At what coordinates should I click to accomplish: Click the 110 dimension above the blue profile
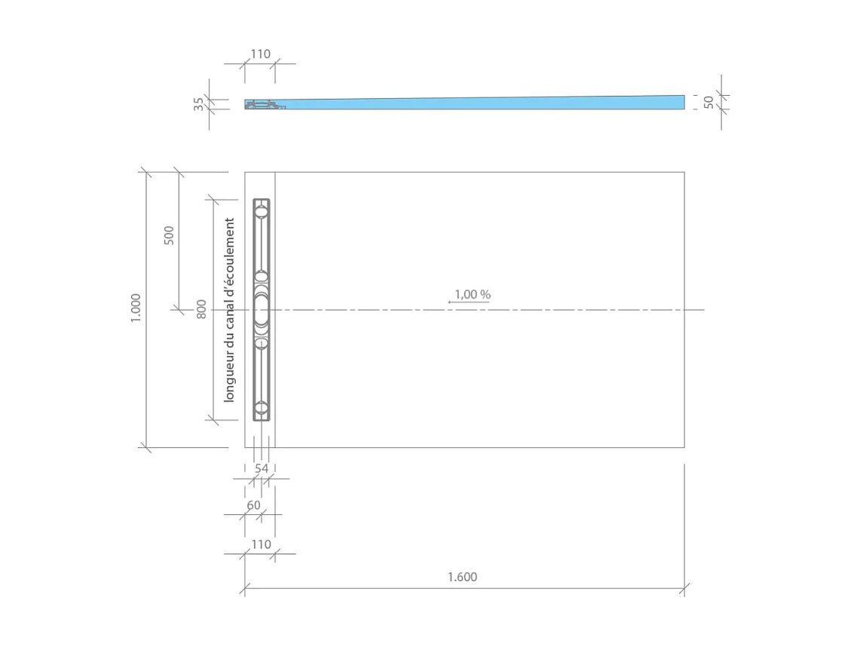click(260, 54)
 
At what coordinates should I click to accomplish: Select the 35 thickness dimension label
click(199, 104)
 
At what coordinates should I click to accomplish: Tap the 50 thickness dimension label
click(708, 102)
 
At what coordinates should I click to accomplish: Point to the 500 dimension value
click(169, 235)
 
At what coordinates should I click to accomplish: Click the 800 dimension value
click(201, 308)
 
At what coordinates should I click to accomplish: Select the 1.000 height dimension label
click(136, 308)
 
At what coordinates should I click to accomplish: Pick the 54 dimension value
click(262, 468)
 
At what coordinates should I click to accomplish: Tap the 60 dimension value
click(254, 505)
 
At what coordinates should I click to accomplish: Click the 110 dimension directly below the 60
click(260, 544)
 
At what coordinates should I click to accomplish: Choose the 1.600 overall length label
click(462, 578)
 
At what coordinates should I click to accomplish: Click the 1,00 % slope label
click(473, 294)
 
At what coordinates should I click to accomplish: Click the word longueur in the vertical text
click(230, 376)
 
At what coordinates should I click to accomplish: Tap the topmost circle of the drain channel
click(262, 212)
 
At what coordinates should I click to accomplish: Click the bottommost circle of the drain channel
click(262, 408)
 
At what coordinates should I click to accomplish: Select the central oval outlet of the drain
click(262, 310)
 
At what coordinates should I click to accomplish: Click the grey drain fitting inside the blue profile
click(263, 105)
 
